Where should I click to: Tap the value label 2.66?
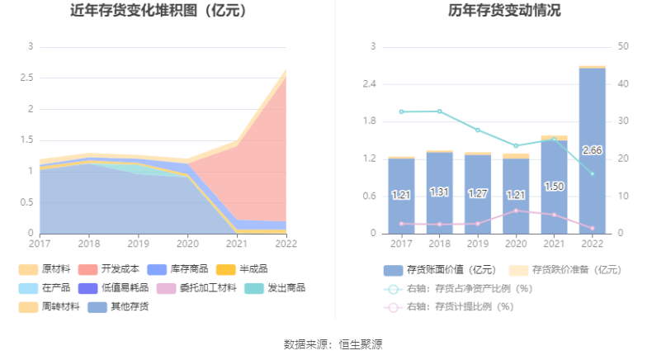click(592, 150)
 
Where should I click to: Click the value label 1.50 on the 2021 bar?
click(554, 187)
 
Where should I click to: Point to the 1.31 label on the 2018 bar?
click(439, 192)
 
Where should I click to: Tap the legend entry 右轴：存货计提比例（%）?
click(458, 307)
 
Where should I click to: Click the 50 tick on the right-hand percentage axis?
click(622, 46)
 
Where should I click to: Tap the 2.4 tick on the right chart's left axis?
click(370, 84)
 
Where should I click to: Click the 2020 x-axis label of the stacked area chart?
click(188, 244)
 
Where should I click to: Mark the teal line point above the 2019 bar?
click(478, 130)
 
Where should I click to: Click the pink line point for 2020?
click(516, 211)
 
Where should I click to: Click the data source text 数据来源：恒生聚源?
click(333, 344)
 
